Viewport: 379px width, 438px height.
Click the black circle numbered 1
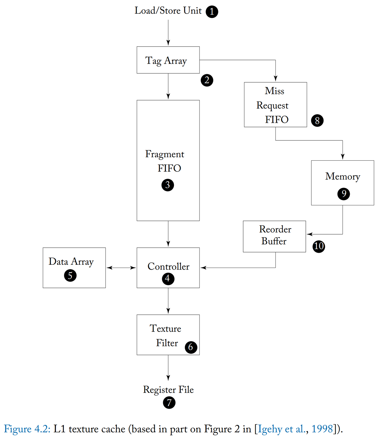212,12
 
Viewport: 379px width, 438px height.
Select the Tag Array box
168,60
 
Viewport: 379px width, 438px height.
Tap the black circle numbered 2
207,80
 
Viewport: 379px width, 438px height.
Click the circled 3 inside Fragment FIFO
168,185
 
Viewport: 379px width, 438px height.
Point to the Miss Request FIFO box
275,105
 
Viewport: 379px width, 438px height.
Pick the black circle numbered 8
317,121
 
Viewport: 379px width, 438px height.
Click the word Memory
342,176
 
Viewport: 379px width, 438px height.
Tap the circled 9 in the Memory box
343,194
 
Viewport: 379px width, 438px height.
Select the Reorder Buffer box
274,236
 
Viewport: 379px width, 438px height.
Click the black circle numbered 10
319,246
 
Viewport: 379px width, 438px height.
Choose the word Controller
168,266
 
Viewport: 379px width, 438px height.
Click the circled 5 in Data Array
70,276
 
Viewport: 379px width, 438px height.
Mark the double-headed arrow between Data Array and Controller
121,268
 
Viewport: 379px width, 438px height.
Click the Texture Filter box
168,335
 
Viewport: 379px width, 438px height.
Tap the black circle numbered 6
191,347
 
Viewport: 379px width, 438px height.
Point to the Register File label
168,390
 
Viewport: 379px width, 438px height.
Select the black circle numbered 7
169,403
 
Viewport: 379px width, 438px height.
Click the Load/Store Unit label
168,11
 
